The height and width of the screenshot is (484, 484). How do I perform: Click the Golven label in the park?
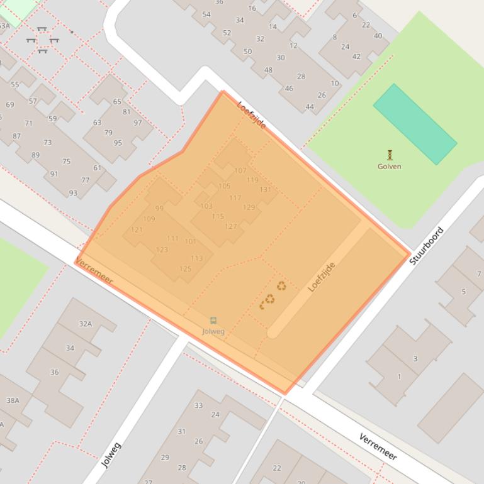(389, 167)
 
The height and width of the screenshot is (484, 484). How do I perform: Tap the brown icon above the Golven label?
(390, 154)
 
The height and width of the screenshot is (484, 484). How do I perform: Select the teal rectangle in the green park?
(415, 124)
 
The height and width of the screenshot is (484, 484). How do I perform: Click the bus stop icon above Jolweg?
(213, 321)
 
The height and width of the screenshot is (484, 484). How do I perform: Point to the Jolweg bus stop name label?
(213, 331)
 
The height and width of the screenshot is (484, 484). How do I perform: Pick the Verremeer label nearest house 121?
(94, 270)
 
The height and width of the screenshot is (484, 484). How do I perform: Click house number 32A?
(85, 324)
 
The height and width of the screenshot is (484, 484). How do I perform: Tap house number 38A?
(13, 400)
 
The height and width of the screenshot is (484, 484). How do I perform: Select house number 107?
(240, 170)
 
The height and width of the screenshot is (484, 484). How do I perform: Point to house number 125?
(185, 269)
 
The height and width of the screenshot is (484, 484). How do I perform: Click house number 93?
(73, 193)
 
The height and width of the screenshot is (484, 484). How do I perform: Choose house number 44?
(309, 107)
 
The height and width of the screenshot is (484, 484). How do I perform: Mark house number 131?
(265, 189)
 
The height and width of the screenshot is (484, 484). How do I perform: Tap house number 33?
(198, 405)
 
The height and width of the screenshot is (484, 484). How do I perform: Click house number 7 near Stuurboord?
(479, 273)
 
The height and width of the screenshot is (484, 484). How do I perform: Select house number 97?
(137, 123)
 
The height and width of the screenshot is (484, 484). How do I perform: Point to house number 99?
(159, 208)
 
